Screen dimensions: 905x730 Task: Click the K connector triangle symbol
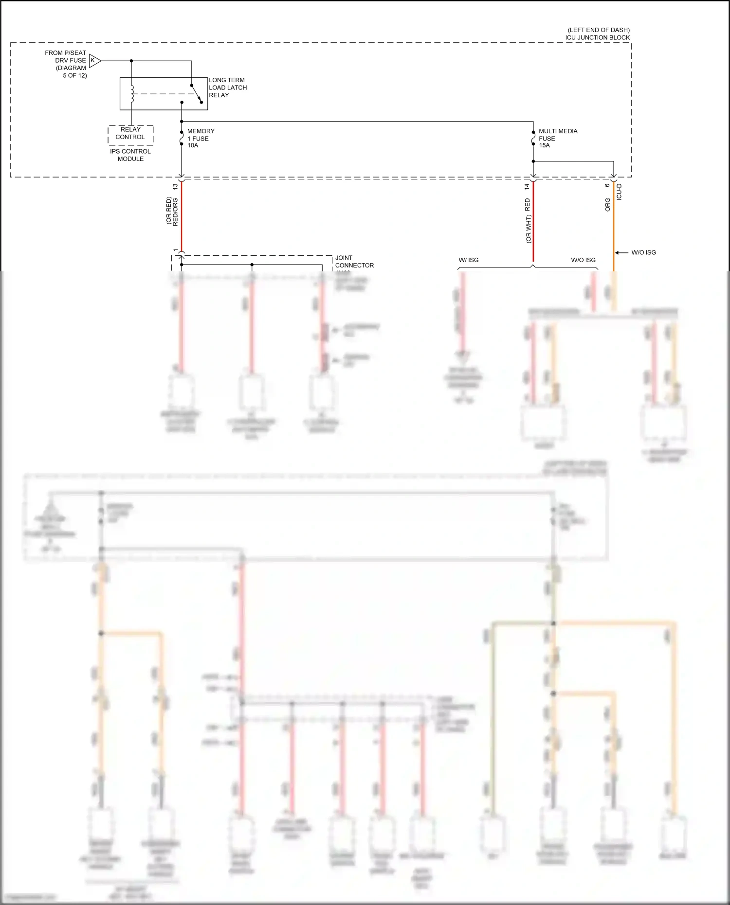point(94,61)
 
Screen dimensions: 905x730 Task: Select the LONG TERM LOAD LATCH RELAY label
point(227,88)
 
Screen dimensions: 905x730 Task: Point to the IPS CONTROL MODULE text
point(130,155)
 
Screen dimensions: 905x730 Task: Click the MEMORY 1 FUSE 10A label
point(200,138)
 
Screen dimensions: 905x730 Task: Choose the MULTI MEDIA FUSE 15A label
point(557,138)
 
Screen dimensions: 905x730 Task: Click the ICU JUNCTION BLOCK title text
point(597,37)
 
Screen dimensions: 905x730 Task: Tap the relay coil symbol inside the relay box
point(131,94)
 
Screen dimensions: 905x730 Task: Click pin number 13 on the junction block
point(175,187)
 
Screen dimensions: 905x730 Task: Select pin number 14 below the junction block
point(527,187)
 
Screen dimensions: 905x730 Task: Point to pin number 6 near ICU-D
point(607,185)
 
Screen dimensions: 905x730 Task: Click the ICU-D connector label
point(619,192)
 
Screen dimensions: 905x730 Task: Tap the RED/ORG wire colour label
point(175,212)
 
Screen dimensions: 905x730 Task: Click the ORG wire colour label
point(607,205)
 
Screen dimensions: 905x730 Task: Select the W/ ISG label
point(468,260)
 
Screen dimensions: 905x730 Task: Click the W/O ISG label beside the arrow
point(643,252)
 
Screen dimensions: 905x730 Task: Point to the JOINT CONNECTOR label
point(354,262)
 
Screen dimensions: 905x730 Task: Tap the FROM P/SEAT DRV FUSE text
point(65,56)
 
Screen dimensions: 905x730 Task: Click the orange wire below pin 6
point(613,229)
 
